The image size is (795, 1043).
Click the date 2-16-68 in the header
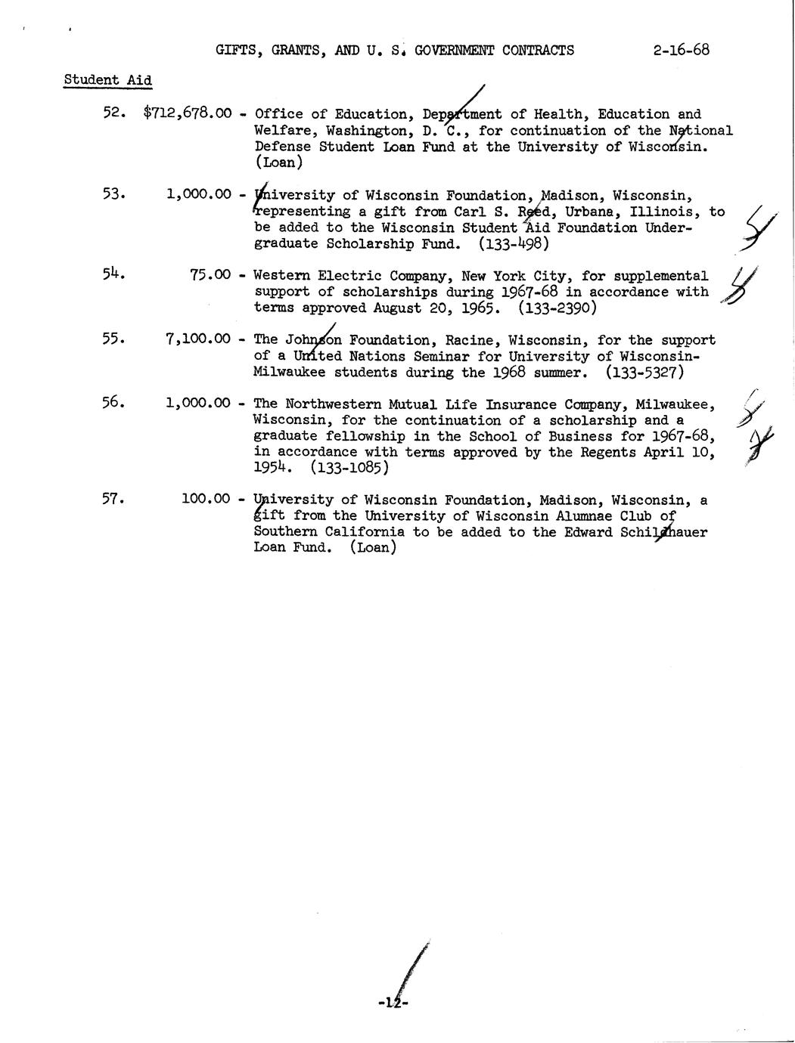[x=680, y=51]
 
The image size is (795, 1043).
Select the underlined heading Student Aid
[x=107, y=80]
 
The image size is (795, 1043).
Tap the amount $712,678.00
[x=187, y=114]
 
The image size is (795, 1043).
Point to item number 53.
[x=113, y=193]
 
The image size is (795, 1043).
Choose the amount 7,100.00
[x=197, y=339]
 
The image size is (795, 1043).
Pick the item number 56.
[x=113, y=403]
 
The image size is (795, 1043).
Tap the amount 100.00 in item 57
[x=206, y=499]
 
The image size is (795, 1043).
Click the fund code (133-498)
[x=514, y=244]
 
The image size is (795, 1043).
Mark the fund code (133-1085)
[x=349, y=468]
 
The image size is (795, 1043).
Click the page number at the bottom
[x=393, y=1003]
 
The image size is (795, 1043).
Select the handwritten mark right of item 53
[x=759, y=226]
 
